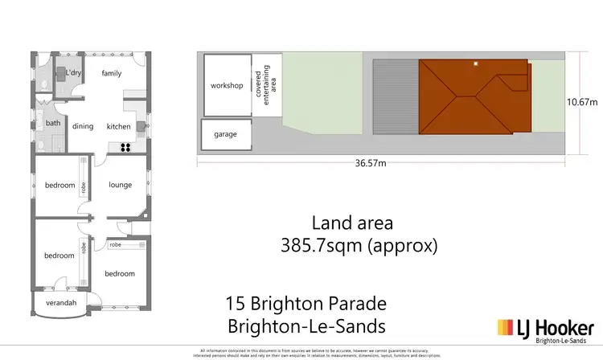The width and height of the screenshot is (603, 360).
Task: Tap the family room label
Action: [x=112, y=73]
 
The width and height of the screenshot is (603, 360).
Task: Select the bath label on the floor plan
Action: [x=52, y=123]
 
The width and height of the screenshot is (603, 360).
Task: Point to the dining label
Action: [x=84, y=126]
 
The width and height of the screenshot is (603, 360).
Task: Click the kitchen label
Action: [x=119, y=126]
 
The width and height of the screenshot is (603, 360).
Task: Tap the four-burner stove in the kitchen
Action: [x=126, y=146]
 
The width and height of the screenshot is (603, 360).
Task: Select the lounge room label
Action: [x=121, y=185]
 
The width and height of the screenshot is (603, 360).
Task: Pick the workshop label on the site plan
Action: [x=226, y=85]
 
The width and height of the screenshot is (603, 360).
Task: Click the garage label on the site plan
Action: [x=225, y=134]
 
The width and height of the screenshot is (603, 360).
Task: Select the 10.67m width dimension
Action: [x=582, y=102]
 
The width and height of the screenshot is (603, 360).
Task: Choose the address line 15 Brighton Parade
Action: [x=306, y=305]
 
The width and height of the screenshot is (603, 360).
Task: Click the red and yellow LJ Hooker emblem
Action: [x=507, y=327]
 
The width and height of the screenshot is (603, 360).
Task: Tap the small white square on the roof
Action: [x=476, y=63]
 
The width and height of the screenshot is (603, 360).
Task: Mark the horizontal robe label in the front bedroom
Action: [x=116, y=243]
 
